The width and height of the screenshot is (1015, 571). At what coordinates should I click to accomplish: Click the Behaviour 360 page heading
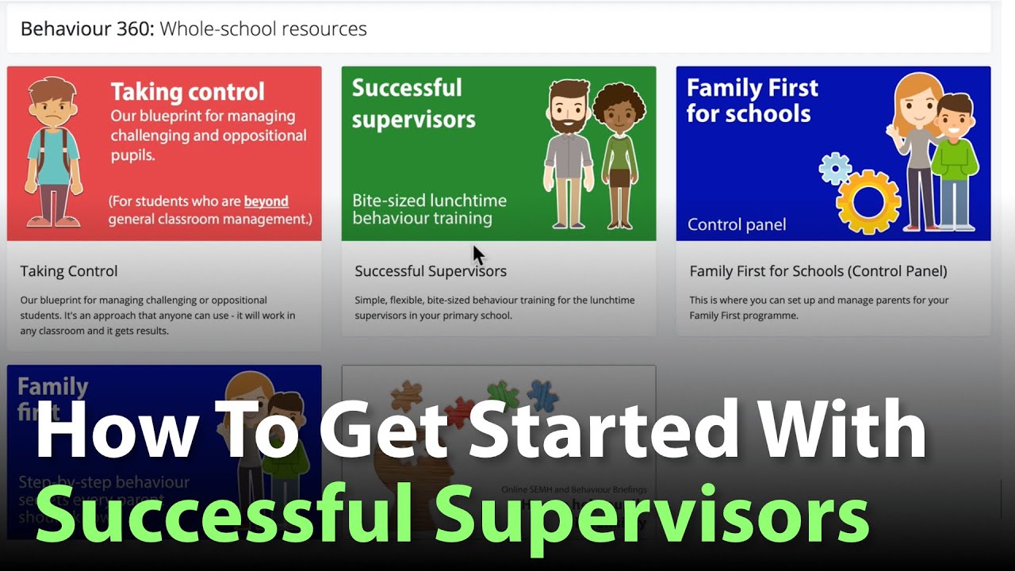[193, 29]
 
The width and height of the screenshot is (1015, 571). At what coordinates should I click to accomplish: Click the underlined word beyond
[266, 201]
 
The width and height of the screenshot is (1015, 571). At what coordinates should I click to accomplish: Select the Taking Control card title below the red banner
[69, 271]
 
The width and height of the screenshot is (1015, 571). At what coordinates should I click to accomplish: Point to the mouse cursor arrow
[477, 254]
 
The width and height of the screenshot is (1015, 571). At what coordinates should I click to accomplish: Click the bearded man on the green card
[569, 151]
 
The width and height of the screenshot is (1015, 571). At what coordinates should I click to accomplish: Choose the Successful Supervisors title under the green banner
[431, 271]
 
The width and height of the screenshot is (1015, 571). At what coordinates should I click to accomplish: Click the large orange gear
[869, 201]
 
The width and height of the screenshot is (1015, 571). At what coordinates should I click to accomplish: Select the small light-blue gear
[835, 168]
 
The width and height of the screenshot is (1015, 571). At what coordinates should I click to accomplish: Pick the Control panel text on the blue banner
[737, 224]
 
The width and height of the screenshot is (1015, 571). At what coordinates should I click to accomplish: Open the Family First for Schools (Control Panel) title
[818, 271]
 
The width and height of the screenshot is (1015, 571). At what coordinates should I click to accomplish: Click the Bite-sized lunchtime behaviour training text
[429, 209]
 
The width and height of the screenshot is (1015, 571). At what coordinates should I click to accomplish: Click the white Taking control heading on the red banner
[188, 92]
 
